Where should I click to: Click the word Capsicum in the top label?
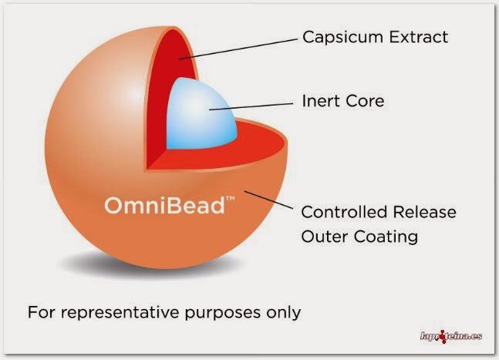335,37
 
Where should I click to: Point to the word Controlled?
343,212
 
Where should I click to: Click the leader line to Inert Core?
258,105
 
